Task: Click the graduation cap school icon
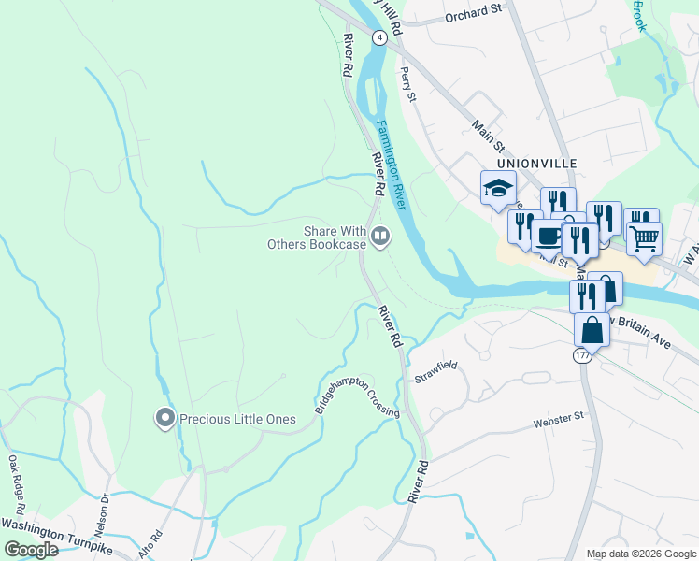coord(498,187)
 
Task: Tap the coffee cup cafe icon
coord(548,237)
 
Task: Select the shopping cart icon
coord(644,237)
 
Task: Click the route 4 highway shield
coord(378,36)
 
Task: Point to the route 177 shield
coord(581,356)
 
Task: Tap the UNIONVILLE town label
coord(531,163)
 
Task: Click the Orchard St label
coord(474,12)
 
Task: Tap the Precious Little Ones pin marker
coord(165,419)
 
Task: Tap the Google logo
coord(31,550)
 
